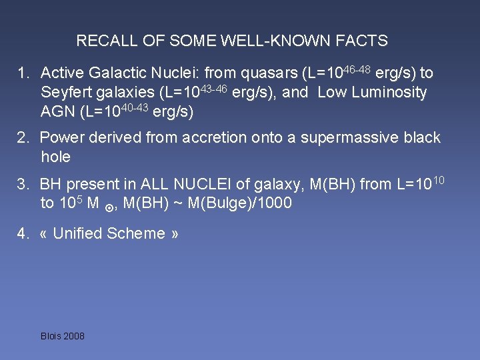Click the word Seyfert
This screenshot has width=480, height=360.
pos(65,93)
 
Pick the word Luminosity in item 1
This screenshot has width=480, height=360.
pos(390,93)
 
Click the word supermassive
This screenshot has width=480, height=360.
pos(363,138)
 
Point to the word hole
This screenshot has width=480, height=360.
pos(55,157)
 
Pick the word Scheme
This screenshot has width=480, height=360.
pos(140,233)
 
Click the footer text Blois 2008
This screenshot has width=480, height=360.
pos(63,336)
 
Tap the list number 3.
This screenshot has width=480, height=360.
pos(23,185)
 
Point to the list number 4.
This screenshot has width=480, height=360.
pos(23,233)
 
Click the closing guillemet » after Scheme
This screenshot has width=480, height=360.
pos(175,233)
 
